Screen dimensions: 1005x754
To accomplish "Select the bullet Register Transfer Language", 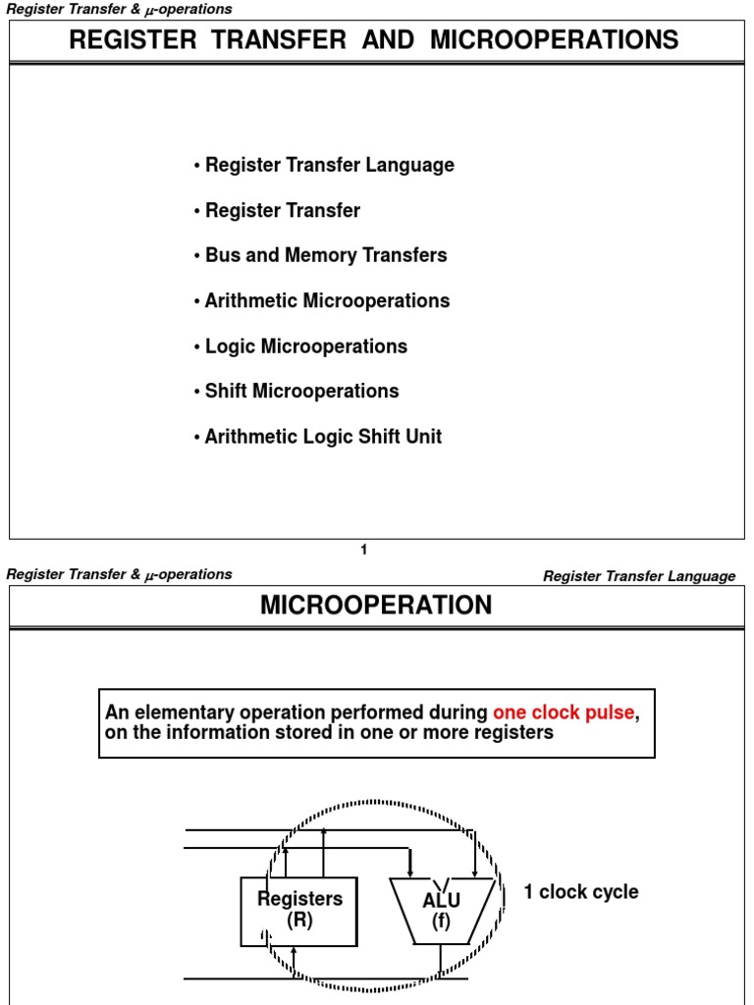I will pyautogui.click(x=329, y=165).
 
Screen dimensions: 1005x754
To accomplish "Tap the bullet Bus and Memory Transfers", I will pyautogui.click(x=325, y=255).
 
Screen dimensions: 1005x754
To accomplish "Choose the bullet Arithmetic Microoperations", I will pyautogui.click(x=327, y=301).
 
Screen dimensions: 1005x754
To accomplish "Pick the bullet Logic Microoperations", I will pyautogui.click(x=305, y=346).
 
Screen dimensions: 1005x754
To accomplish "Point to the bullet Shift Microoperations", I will pyautogui.click(x=301, y=392).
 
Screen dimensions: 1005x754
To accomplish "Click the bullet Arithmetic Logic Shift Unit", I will pyautogui.click(x=323, y=437).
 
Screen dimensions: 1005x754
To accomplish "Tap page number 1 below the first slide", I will pyautogui.click(x=364, y=551).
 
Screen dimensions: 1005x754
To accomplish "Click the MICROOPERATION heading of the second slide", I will pyautogui.click(x=376, y=606).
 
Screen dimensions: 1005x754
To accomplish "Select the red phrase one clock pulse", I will pyautogui.click(x=564, y=713).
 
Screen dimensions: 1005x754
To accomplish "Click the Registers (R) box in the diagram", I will pyautogui.click(x=299, y=910).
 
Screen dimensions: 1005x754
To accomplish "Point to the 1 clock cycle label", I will pyautogui.click(x=581, y=892).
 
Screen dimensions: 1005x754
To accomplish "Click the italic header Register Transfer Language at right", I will pyautogui.click(x=639, y=576).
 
